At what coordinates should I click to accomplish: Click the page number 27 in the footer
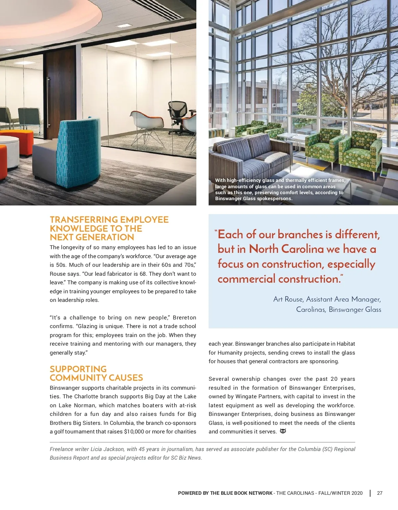pyautogui.click(x=380, y=493)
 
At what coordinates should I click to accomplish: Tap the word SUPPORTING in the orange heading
pyautogui.click(x=78, y=369)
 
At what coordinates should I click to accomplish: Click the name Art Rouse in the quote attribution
pyautogui.click(x=288, y=299)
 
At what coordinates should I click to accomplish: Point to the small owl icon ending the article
pyautogui.click(x=283, y=431)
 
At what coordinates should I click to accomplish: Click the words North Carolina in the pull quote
pyautogui.click(x=286, y=249)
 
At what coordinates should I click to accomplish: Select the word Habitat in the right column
pyautogui.click(x=345, y=344)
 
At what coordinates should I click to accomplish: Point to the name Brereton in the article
pyautogui.click(x=184, y=317)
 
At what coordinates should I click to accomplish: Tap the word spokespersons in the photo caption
pyautogui.click(x=275, y=198)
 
